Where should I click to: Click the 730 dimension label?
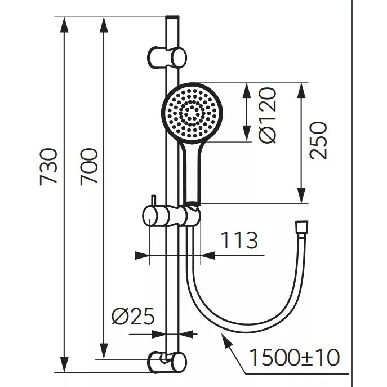tap(48, 167)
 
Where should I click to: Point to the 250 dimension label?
tap(318, 140)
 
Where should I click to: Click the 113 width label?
tap(239, 240)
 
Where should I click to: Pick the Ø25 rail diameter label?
tap(133, 316)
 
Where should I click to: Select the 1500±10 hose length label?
tap(295, 357)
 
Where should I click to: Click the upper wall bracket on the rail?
tap(167, 57)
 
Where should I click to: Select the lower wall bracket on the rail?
tap(167, 362)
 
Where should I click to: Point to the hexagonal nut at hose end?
tap(301, 227)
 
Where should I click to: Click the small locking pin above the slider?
tap(153, 201)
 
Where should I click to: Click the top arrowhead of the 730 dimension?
tap(64, 24)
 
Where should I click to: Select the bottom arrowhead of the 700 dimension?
tap(104, 351)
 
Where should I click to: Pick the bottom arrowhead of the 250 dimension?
tap(301, 195)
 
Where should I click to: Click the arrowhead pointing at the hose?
tap(226, 341)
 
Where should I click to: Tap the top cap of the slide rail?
tap(172, 18)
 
